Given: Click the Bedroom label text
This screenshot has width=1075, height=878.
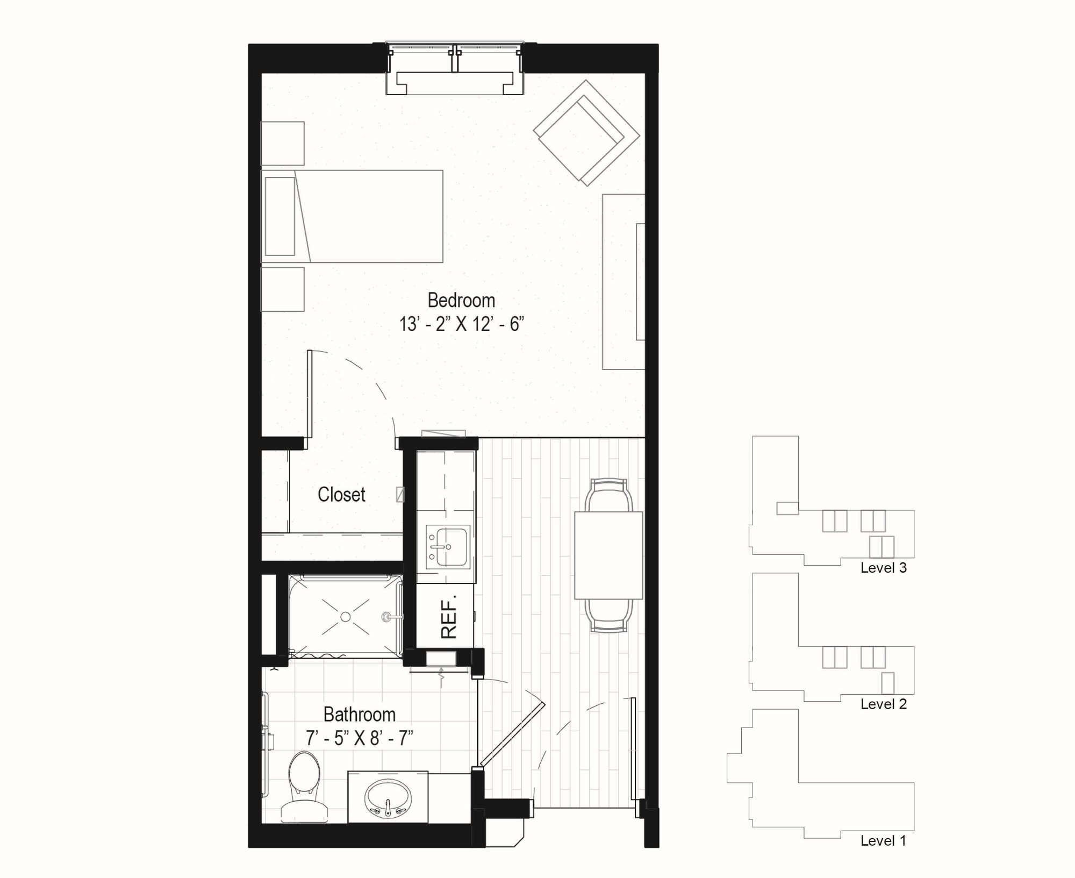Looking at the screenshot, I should point(461,300).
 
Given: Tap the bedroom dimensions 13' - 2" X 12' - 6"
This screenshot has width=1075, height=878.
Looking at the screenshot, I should point(461,324).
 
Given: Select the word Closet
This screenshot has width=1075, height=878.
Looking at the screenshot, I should point(341,495).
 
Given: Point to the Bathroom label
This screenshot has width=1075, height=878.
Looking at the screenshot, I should point(360,715).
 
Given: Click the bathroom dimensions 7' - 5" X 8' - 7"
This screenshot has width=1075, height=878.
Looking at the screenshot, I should point(360,738).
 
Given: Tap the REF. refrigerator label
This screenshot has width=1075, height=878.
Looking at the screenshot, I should point(448,616).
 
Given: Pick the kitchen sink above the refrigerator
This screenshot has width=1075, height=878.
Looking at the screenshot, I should point(448,547).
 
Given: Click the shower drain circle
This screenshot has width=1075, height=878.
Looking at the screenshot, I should point(346,617).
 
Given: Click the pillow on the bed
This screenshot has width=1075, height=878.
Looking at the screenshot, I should point(280,216).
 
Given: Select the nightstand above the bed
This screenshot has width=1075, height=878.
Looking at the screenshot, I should point(283,144).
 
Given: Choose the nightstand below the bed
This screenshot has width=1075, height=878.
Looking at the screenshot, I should point(283,289).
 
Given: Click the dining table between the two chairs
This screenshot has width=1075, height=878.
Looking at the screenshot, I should point(608,555).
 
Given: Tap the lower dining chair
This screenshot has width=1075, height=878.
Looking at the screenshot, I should point(608,616).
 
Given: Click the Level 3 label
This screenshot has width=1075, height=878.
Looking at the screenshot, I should point(883,568).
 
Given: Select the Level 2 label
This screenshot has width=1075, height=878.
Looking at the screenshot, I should point(883,704).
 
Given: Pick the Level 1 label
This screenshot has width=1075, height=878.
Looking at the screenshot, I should point(883,841).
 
